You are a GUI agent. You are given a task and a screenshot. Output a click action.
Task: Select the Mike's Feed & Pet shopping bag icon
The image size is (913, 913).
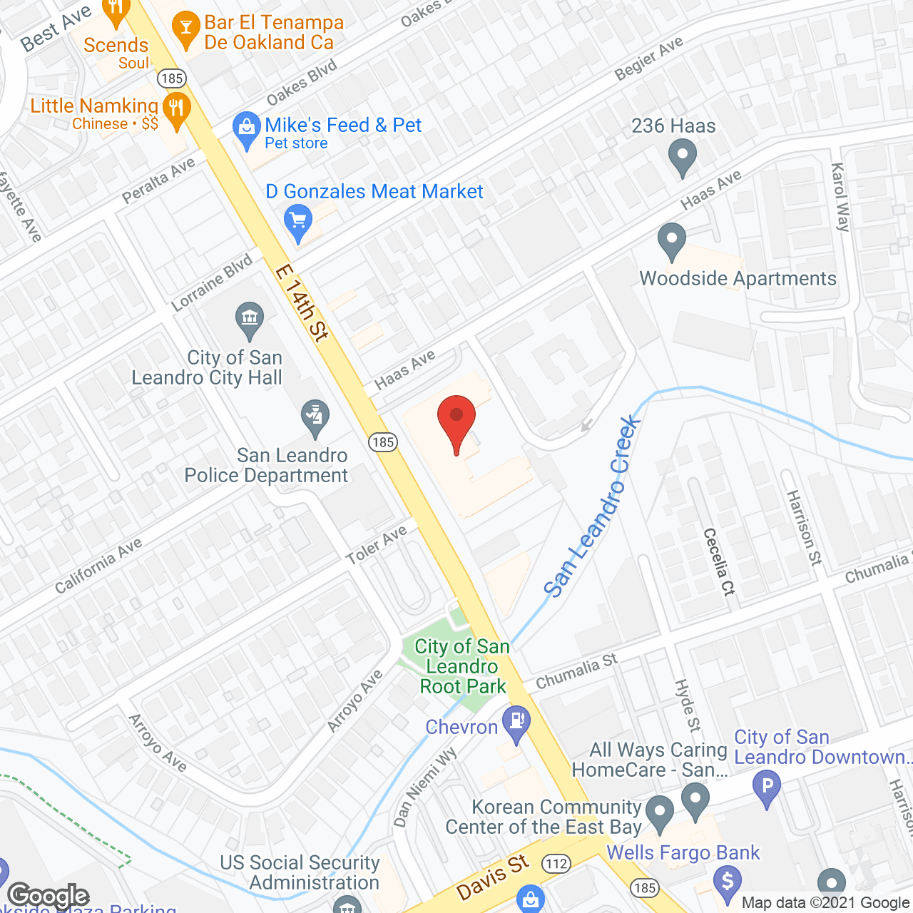pos(247,129)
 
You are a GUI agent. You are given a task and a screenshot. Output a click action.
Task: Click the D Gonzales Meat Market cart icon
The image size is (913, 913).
pos(298,221)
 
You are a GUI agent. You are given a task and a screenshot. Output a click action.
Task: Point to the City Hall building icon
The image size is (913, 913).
pos(250,320)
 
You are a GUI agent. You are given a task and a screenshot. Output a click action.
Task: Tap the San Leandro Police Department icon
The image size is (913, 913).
pos(315,417)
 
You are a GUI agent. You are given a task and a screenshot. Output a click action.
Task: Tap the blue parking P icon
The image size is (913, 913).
pos(767,788)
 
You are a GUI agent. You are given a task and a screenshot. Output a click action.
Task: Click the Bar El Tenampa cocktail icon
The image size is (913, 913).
pos(187,29)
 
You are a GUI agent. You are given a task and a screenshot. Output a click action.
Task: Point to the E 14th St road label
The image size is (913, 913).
pos(302,302)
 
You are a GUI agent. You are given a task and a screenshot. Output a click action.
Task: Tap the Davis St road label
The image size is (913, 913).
pos(493,878)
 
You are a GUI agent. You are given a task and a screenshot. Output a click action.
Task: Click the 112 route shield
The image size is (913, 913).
pos(556,864)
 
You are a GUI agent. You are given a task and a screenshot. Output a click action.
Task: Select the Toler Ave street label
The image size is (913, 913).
pos(377,544)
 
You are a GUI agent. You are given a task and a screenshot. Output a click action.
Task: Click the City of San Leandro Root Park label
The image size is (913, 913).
pos(462,666)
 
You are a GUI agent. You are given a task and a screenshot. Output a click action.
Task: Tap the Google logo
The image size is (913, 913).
pos(49,896)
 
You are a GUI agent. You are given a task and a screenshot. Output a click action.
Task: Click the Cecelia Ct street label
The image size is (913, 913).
pos(719,561)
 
